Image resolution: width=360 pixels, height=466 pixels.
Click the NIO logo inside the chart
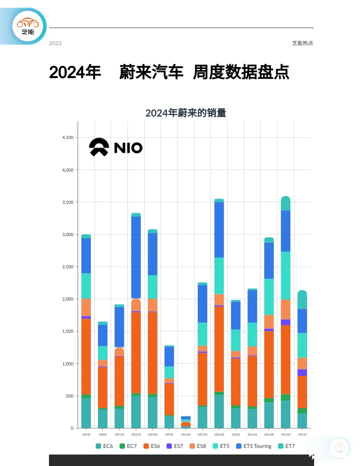click(x=116, y=147)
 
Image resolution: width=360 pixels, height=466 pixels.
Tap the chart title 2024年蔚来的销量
click(x=186, y=113)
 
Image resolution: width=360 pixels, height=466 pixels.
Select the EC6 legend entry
click(x=105, y=446)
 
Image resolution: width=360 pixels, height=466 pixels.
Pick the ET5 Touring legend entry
click(x=254, y=446)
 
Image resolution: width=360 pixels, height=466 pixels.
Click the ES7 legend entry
click(x=175, y=446)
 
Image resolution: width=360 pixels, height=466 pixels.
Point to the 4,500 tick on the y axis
click(x=68, y=138)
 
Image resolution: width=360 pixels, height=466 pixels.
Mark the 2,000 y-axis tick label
click(x=68, y=299)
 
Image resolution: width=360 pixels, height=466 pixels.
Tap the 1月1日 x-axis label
click(x=86, y=435)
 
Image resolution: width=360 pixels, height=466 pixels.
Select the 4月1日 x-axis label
click(x=302, y=435)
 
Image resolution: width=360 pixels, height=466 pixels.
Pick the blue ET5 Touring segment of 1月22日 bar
click(x=136, y=257)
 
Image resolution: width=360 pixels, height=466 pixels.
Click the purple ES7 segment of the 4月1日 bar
click(x=302, y=372)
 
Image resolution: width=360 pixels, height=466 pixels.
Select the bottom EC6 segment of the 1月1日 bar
click(x=86, y=413)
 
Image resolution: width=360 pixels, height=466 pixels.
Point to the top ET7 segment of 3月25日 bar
click(x=285, y=203)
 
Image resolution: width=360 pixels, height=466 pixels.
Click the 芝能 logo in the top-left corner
click(x=28, y=26)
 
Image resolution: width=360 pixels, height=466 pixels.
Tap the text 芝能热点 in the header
click(x=302, y=43)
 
